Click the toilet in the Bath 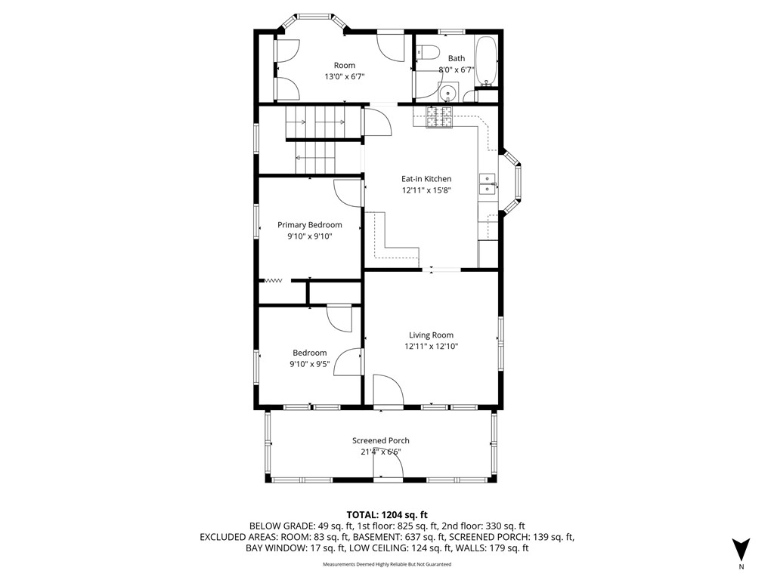pyautogui.click(x=429, y=53)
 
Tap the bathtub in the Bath pyautogui.click(x=485, y=61)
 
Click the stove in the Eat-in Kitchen pyautogui.click(x=439, y=117)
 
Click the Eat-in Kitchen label pyautogui.click(x=426, y=179)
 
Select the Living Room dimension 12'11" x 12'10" pyautogui.click(x=431, y=347)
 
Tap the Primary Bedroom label pyautogui.click(x=309, y=225)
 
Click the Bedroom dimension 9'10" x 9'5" pyautogui.click(x=309, y=364)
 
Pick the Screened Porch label pyautogui.click(x=381, y=441)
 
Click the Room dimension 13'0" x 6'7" pyautogui.click(x=339, y=76)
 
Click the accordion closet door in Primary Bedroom pyautogui.click(x=273, y=280)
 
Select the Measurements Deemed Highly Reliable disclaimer pyautogui.click(x=387, y=565)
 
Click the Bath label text pyautogui.click(x=457, y=58)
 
